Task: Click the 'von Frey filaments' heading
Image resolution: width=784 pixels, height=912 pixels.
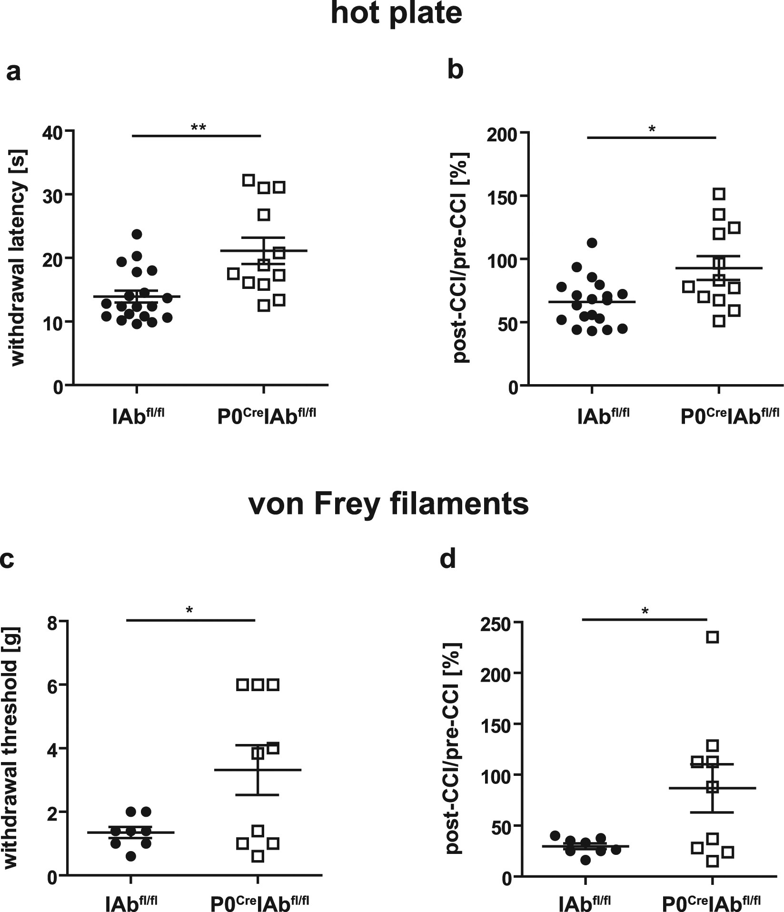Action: click(x=388, y=504)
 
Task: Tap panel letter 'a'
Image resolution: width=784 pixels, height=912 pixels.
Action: click(x=13, y=72)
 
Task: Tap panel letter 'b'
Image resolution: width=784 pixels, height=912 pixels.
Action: click(x=456, y=70)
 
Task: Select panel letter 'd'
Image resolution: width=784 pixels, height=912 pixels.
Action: click(x=448, y=559)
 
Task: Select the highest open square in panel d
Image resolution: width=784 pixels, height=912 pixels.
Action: click(x=712, y=637)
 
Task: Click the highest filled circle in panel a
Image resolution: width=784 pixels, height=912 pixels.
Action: click(x=137, y=234)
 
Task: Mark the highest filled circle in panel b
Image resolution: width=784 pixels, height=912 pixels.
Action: click(x=592, y=243)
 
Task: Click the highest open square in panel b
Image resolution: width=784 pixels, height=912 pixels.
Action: click(x=719, y=194)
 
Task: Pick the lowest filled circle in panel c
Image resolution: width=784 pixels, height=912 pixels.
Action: click(x=131, y=856)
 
